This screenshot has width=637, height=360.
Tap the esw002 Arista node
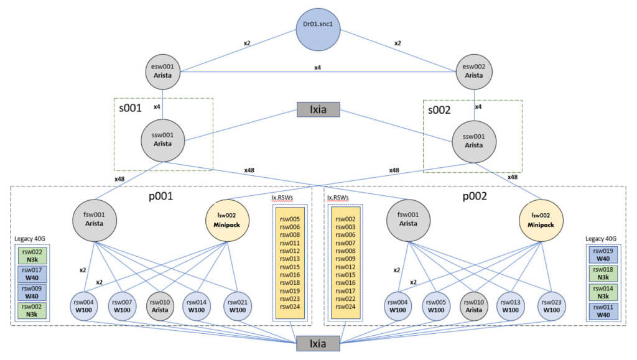[474, 71]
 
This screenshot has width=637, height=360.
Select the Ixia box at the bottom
[318, 343]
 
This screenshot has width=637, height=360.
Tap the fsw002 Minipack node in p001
[228, 218]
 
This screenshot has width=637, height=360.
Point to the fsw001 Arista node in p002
[408, 218]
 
